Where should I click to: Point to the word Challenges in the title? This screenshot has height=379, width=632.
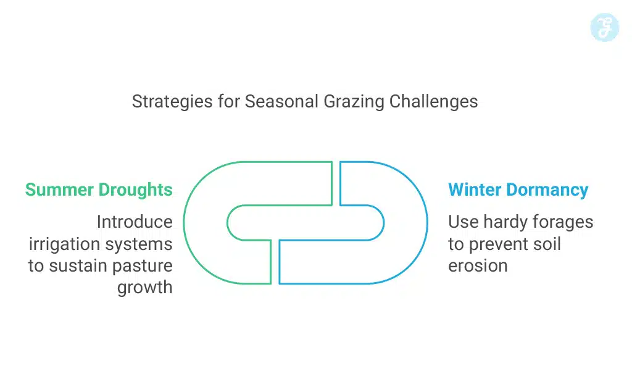(x=433, y=101)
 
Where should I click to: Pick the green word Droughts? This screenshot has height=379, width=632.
(x=135, y=190)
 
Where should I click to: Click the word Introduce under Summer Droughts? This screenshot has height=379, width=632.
(x=135, y=222)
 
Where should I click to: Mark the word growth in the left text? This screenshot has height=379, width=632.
(x=145, y=288)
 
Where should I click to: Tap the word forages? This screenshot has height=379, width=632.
(x=563, y=222)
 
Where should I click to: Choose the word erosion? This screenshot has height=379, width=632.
(x=478, y=266)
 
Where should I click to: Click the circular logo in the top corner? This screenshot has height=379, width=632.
(x=604, y=28)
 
